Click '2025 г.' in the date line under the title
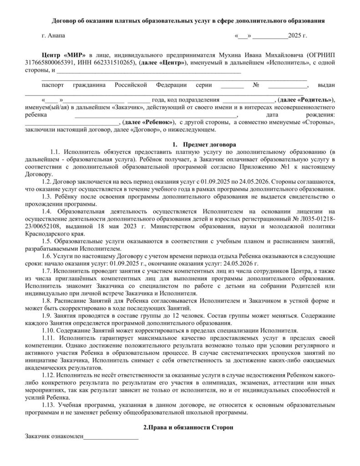coord(298,35)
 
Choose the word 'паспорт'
coord(52,85)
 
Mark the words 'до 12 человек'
coord(181,315)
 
